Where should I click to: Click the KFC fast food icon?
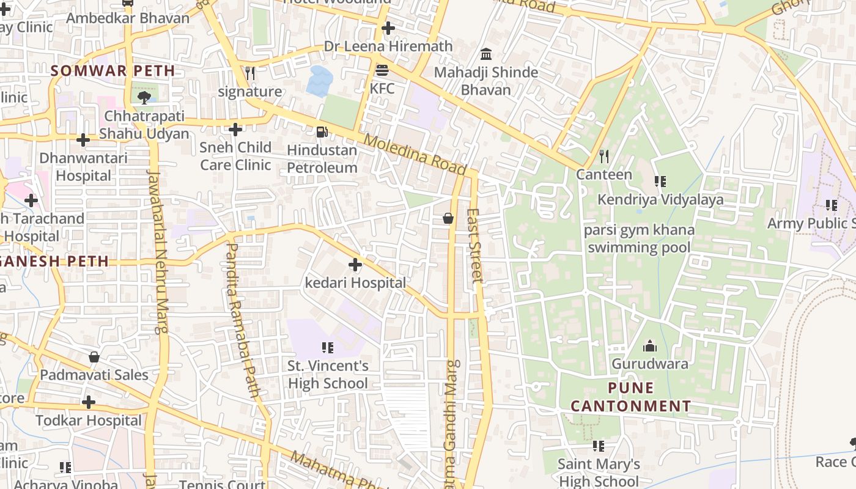click(x=382, y=70)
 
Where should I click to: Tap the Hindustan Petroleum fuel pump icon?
click(x=322, y=131)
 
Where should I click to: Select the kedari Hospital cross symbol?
click(x=355, y=265)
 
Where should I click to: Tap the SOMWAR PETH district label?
click(x=113, y=71)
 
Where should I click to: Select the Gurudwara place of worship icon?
click(x=649, y=347)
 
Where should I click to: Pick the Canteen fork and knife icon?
click(x=604, y=156)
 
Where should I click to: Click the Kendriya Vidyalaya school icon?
click(x=660, y=182)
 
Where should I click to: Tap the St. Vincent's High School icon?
click(x=328, y=348)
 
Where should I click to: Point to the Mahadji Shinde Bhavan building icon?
click(x=486, y=54)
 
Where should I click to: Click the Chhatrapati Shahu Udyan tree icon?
click(x=144, y=98)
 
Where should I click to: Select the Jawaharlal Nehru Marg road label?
click(x=158, y=252)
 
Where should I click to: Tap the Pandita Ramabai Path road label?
click(x=243, y=320)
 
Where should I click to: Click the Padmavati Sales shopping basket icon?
click(x=94, y=357)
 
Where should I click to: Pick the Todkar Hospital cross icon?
click(x=89, y=402)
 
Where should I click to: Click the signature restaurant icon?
click(x=250, y=73)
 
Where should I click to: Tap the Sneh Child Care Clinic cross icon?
click(x=235, y=130)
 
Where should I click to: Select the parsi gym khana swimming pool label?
click(x=639, y=238)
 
